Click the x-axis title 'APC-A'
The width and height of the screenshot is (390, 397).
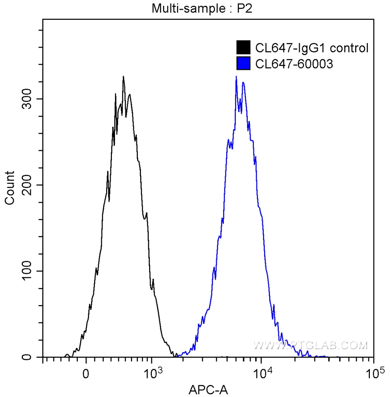point(208,390)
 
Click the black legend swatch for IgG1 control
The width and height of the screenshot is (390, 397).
point(243,48)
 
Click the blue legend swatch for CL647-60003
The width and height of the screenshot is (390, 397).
point(243,64)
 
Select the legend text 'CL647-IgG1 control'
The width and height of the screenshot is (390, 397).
point(312,48)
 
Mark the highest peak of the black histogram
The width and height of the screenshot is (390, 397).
point(123,77)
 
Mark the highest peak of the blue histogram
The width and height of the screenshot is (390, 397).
point(236,77)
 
